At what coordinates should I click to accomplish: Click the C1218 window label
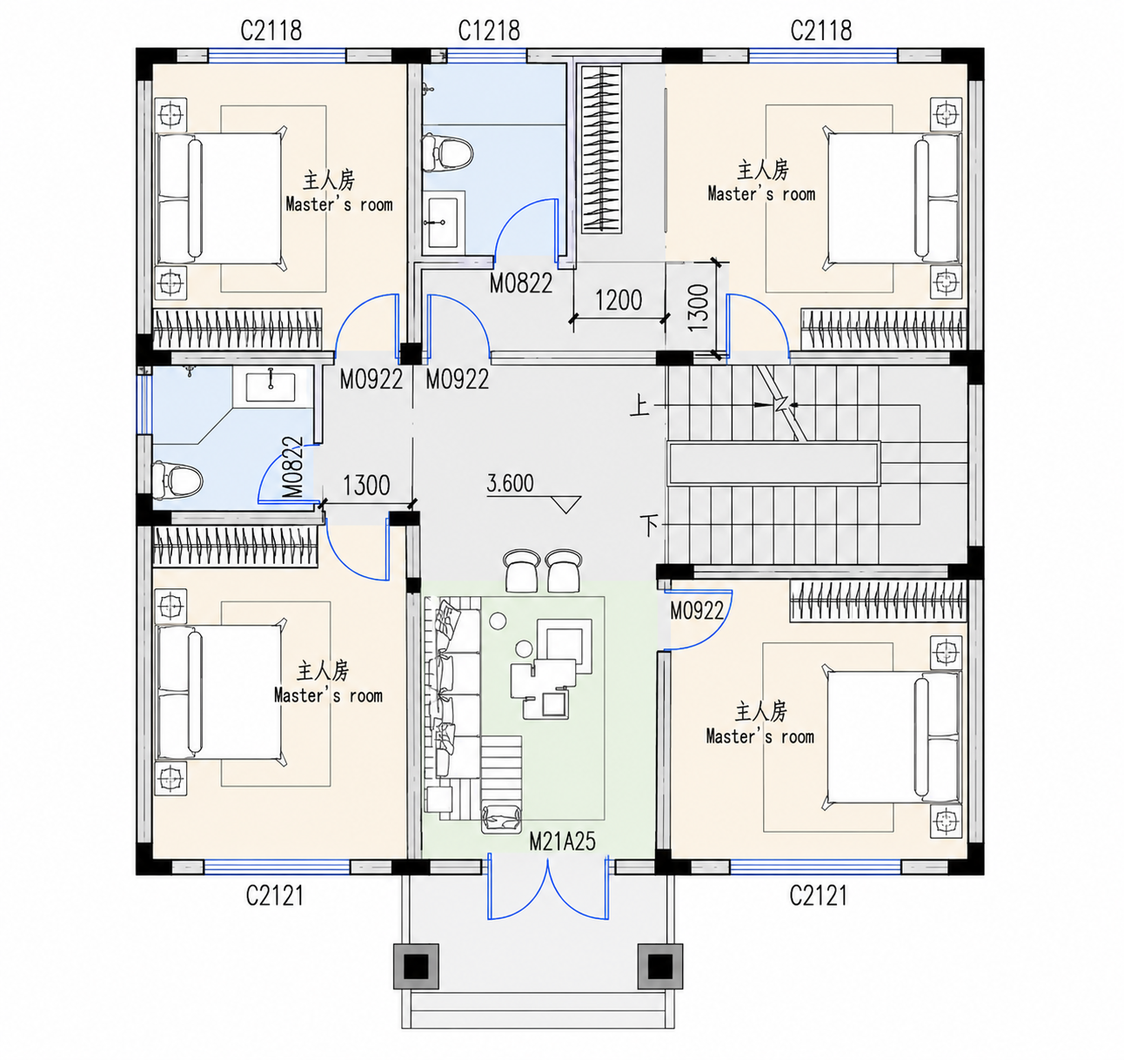point(488,31)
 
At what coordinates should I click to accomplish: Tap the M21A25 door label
point(562,842)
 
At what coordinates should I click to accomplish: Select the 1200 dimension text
point(619,300)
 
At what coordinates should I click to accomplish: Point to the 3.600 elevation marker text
point(510,483)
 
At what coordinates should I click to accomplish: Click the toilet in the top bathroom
point(447,152)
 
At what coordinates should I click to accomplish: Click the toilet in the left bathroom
point(177,480)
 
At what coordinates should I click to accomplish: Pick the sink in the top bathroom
point(443,223)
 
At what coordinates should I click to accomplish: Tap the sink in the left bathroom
point(271,386)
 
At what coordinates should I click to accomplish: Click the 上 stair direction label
point(639,406)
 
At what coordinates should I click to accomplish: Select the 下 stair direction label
point(649,525)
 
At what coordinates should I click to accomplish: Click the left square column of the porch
point(417,967)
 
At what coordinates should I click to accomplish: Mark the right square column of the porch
point(660,967)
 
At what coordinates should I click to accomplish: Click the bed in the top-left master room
point(219,198)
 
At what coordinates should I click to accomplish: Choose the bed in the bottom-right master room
point(894,736)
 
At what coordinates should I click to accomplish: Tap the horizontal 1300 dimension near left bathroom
point(366,486)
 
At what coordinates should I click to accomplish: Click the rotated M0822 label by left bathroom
point(292,467)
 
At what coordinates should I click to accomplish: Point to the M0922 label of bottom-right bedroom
point(697,610)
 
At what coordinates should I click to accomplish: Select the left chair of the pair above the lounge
point(521,570)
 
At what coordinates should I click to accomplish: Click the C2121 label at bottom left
point(275,896)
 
